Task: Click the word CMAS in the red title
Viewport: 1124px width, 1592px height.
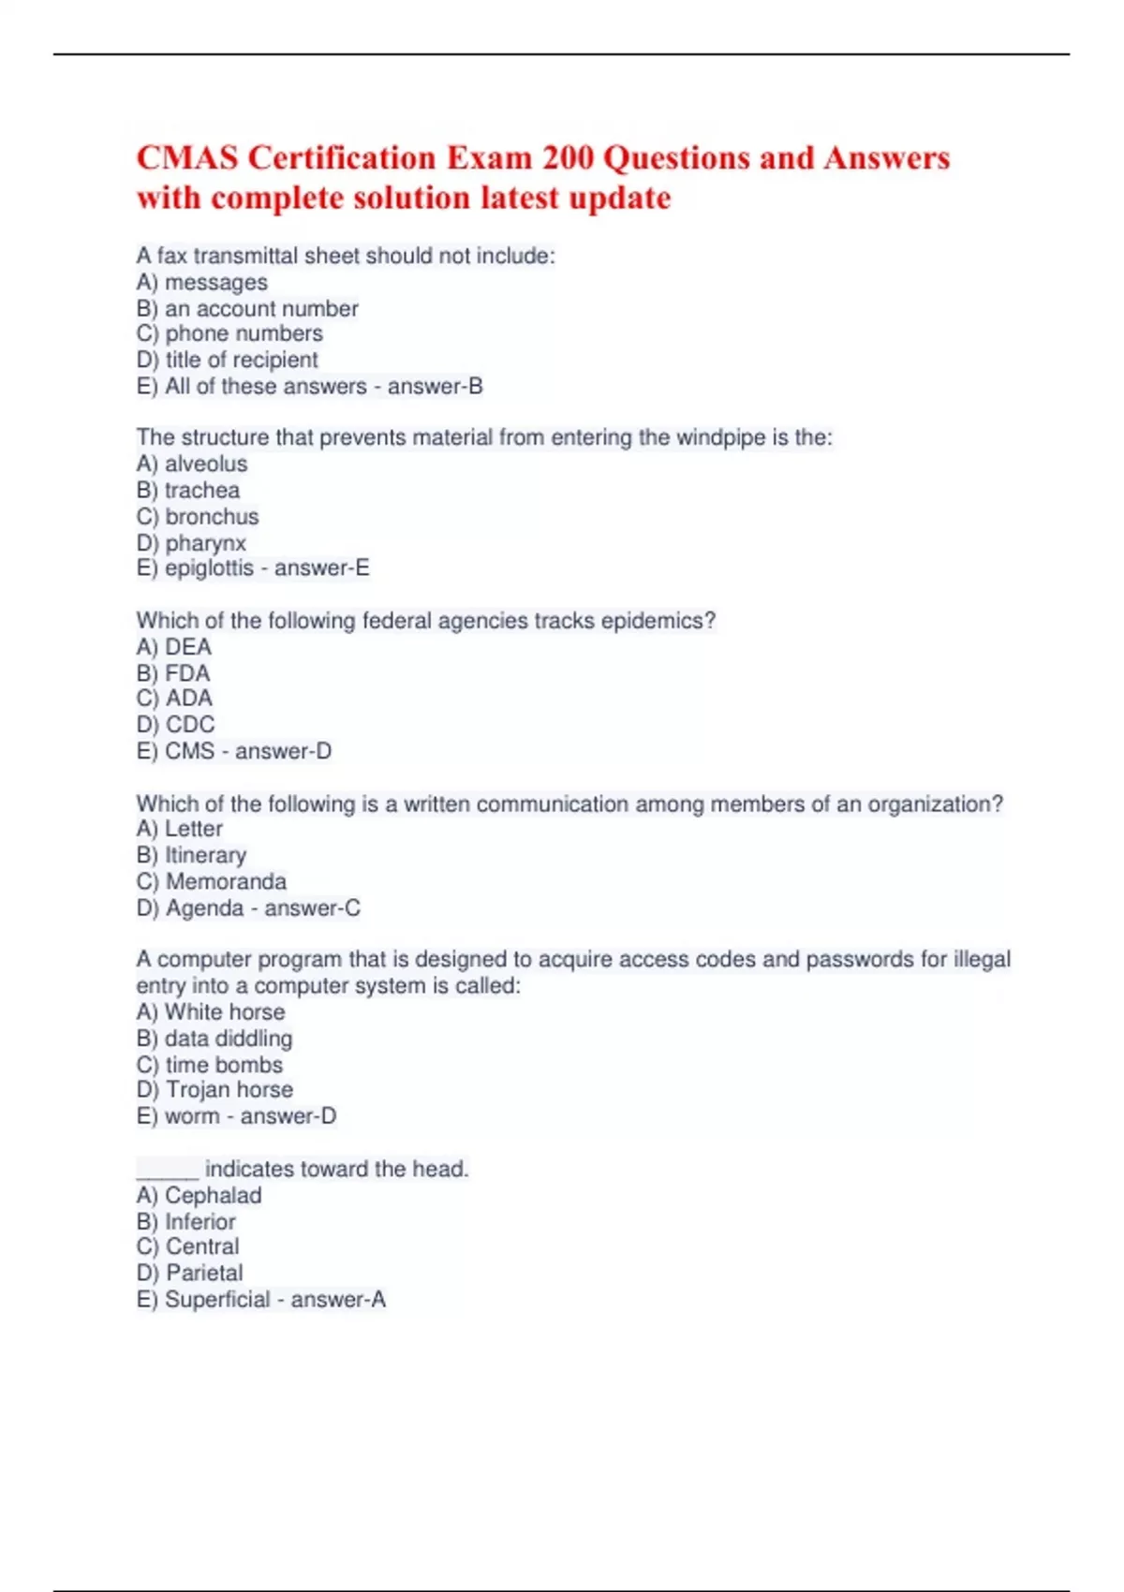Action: point(187,157)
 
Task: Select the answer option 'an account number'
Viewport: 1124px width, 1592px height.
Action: point(261,308)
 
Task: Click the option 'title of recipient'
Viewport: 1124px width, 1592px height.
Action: point(242,360)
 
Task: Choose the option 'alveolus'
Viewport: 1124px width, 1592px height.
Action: point(206,464)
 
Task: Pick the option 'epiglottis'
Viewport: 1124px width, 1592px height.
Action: point(209,568)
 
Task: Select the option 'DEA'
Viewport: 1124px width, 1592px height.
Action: point(188,646)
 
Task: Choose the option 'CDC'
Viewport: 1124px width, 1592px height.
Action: point(190,724)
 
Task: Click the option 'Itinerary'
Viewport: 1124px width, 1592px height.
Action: point(205,855)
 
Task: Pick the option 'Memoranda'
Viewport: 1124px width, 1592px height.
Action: point(226,881)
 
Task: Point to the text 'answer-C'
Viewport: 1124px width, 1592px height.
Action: point(312,907)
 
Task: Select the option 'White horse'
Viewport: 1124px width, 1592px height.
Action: point(225,1011)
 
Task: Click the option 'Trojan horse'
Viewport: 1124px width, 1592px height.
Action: point(229,1089)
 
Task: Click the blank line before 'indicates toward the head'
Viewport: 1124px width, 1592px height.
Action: point(167,1171)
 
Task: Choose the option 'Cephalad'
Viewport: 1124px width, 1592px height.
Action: point(213,1195)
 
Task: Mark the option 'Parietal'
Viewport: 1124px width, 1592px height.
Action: point(204,1273)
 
